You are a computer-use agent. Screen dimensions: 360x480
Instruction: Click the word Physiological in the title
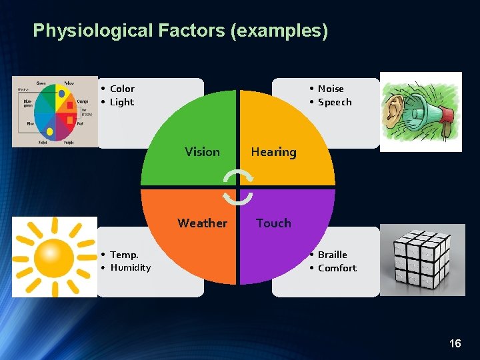coord(91,31)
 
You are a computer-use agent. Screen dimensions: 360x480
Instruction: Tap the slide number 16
coord(455,343)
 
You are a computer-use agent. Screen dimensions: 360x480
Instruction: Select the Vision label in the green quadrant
coord(202,152)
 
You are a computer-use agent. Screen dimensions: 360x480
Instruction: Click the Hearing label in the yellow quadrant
coord(273,152)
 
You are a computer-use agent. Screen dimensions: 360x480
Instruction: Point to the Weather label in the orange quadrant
coord(202,223)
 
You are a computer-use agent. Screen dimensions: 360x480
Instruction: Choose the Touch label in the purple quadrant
coord(273,223)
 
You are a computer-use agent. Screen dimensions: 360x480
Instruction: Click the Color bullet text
coord(122,89)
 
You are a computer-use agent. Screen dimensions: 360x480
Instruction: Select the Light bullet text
coord(121,102)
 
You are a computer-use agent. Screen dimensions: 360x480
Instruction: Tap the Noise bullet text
coord(331,89)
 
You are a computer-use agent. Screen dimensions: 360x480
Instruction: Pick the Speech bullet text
coord(335,102)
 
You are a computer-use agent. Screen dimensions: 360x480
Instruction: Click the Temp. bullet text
coord(124,255)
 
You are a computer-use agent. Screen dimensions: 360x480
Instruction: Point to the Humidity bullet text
coord(130,267)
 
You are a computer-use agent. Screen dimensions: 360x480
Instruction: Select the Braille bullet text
coord(332,255)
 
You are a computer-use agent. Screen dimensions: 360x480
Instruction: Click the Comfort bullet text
coord(337,268)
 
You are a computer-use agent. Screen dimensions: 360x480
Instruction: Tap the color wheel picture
coord(55,111)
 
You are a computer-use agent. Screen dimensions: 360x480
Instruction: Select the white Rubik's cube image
coord(423,260)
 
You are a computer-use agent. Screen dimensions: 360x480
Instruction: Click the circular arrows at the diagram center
coord(237,187)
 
